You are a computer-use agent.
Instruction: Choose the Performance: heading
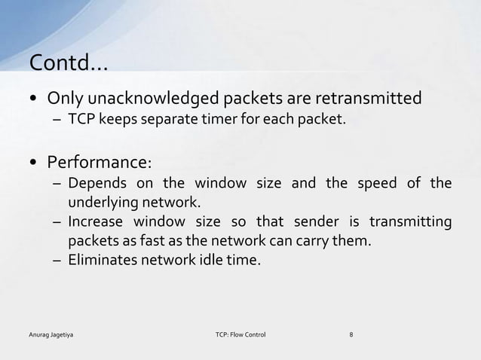(100, 162)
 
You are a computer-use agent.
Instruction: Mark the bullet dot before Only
(35, 99)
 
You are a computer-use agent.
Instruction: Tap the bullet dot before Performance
(35, 163)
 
